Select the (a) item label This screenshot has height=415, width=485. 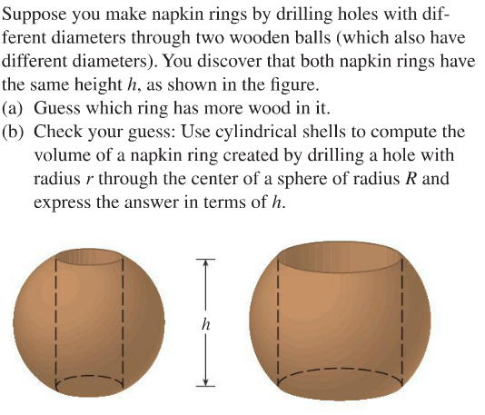[15, 110]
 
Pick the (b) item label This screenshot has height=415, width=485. [15, 133]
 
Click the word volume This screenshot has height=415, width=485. [61, 155]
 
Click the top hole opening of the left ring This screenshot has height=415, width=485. [91, 255]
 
